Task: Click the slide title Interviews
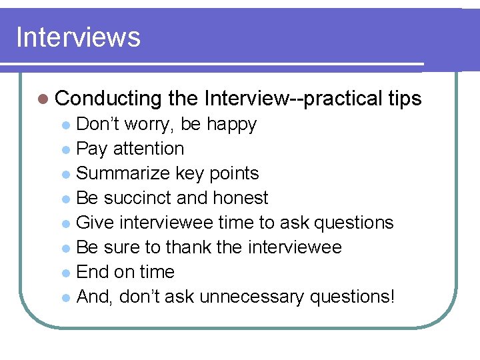click(x=78, y=37)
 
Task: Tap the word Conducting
click(x=109, y=99)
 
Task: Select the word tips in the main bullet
click(x=404, y=99)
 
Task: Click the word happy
click(x=231, y=124)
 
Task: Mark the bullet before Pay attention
click(x=67, y=149)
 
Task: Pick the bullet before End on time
click(x=67, y=273)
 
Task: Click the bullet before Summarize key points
click(x=67, y=174)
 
